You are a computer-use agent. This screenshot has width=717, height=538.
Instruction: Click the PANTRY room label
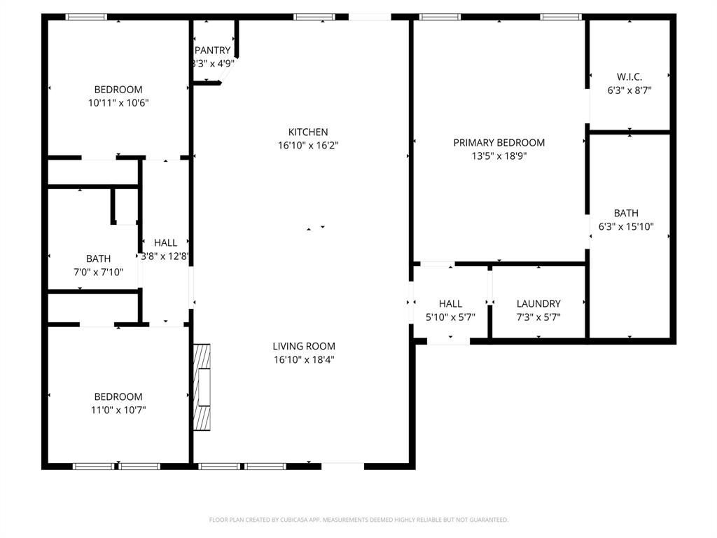pyautogui.click(x=212, y=50)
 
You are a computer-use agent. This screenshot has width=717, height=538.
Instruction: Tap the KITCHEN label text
pyautogui.click(x=308, y=132)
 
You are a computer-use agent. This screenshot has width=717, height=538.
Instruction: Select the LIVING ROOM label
pyautogui.click(x=304, y=346)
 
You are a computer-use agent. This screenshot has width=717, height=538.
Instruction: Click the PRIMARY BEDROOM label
pyautogui.click(x=499, y=143)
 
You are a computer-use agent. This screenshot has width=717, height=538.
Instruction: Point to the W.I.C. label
pyautogui.click(x=629, y=76)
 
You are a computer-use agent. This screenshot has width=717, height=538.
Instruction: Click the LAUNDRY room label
pyautogui.click(x=538, y=304)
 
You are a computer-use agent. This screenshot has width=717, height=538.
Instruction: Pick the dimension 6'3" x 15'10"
pyautogui.click(x=626, y=226)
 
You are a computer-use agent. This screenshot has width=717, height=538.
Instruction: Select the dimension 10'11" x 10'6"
pyautogui.click(x=118, y=102)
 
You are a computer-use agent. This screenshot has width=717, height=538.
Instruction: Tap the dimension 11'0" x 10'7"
pyautogui.click(x=118, y=409)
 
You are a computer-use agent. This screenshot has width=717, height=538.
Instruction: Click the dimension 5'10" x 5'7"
pyautogui.click(x=450, y=317)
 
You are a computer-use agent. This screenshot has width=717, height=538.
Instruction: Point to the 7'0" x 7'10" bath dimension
pyautogui.click(x=98, y=272)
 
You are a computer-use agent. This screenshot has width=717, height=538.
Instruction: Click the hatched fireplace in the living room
pyautogui.click(x=202, y=387)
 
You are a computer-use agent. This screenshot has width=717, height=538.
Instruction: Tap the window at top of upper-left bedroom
pyautogui.click(x=86, y=17)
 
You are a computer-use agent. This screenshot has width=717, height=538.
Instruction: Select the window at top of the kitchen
pyautogui.click(x=314, y=17)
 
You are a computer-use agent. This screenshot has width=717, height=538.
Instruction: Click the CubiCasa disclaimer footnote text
pyautogui.click(x=358, y=520)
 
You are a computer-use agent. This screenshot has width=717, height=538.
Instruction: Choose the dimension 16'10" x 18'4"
pyautogui.click(x=304, y=359)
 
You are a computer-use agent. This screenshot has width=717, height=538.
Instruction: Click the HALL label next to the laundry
pyautogui.click(x=450, y=304)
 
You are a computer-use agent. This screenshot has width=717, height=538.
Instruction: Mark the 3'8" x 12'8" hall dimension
pyautogui.click(x=166, y=256)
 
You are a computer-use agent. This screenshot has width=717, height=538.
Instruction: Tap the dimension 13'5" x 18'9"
pyautogui.click(x=499, y=156)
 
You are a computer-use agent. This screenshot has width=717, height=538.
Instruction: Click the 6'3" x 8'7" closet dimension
pyautogui.click(x=629, y=90)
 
